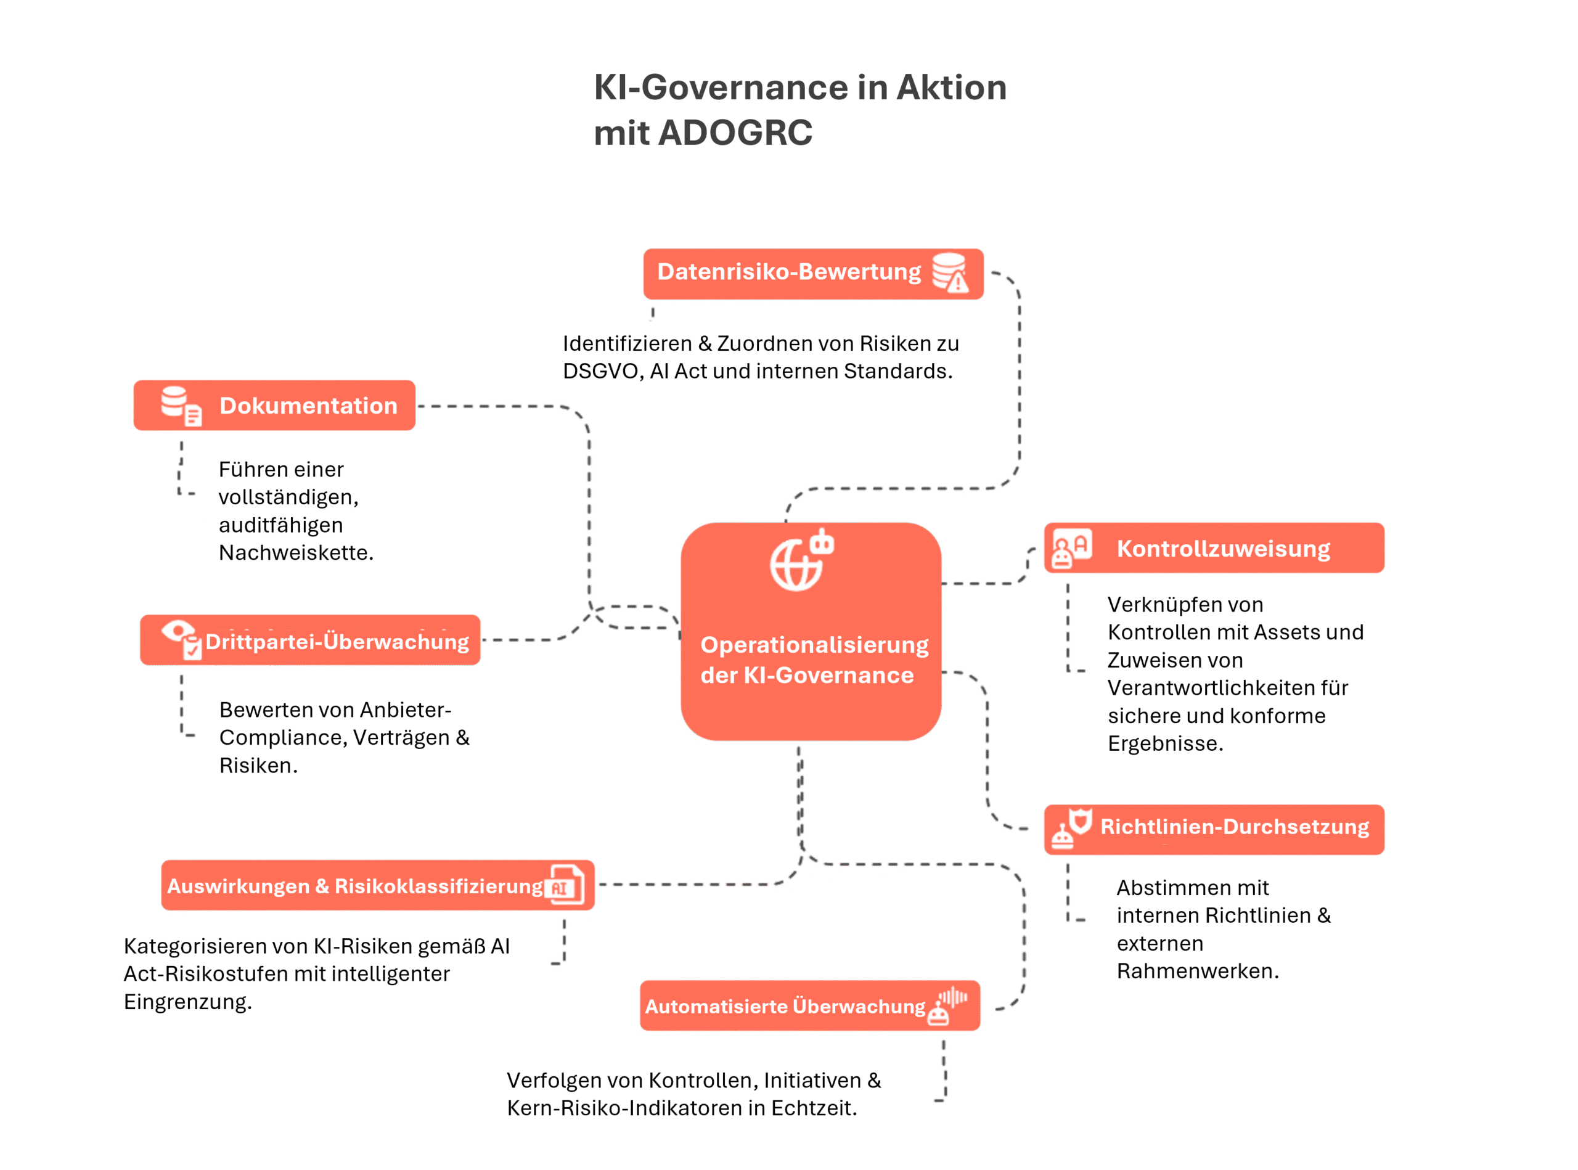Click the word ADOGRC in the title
[735, 133]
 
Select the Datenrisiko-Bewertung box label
[789, 272]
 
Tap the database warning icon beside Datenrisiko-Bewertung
[950, 272]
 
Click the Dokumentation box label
[308, 406]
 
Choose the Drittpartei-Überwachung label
[337, 642]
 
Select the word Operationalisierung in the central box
[814, 645]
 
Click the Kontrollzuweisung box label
[1223, 549]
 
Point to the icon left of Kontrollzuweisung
[1071, 548]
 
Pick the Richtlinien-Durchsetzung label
[1235, 827]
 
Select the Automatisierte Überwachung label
[785, 1007]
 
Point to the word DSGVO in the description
[603, 371]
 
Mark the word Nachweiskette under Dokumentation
[296, 552]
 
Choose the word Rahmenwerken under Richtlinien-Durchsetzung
[1198, 971]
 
